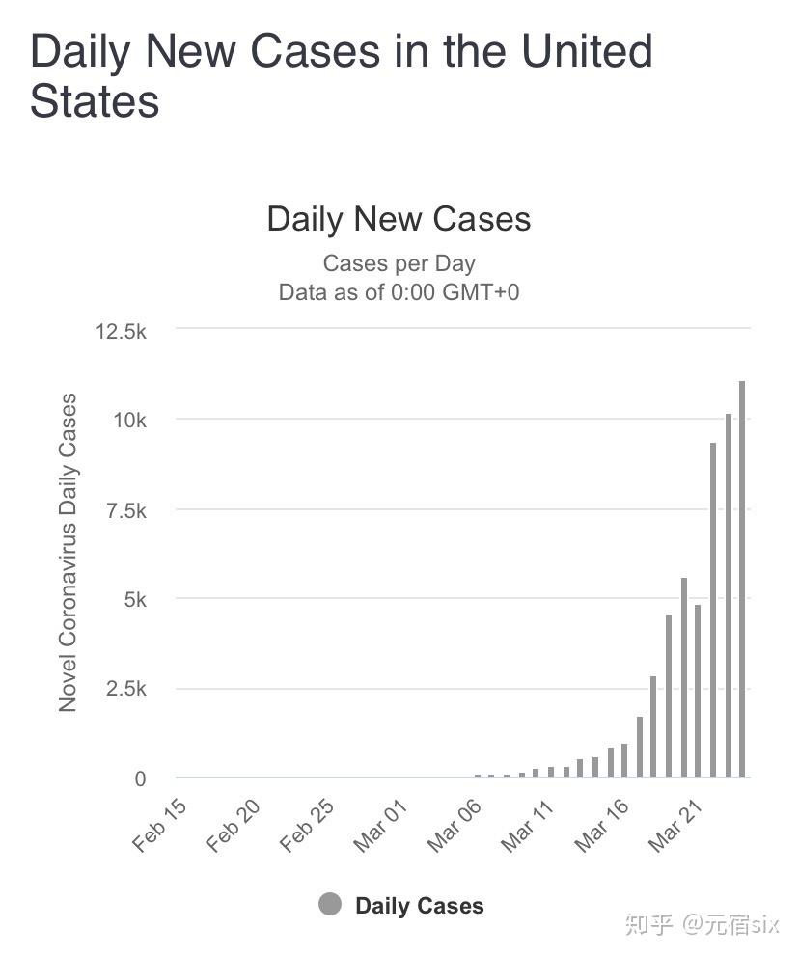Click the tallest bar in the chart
click(x=742, y=579)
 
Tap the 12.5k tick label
click(x=121, y=331)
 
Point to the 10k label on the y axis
click(x=128, y=421)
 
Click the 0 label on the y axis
click(x=140, y=778)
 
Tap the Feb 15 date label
click(x=159, y=825)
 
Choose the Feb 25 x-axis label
click(x=307, y=825)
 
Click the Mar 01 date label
click(x=380, y=825)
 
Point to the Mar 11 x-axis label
click(x=528, y=825)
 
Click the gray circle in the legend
click(x=330, y=905)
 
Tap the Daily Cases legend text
click(x=419, y=906)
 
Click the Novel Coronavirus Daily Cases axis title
click(x=68, y=553)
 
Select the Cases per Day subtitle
click(x=399, y=263)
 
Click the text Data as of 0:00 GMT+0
click(x=399, y=291)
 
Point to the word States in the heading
click(x=95, y=100)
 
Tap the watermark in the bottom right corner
click(x=701, y=924)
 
